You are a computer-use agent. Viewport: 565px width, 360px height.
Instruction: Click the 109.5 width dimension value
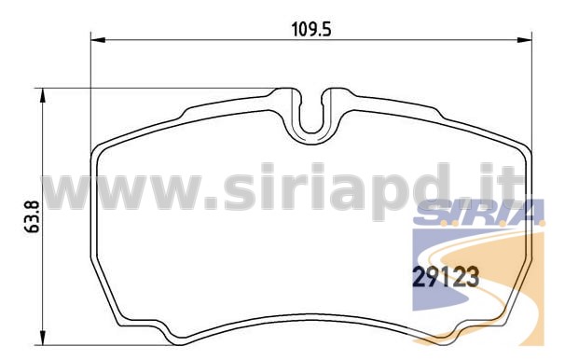tap(311, 30)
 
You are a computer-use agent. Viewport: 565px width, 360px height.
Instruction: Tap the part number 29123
tap(446, 276)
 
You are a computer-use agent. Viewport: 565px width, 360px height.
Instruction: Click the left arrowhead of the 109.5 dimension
tap(98, 40)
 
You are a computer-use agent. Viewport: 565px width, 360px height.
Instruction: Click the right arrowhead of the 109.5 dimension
tap(525, 40)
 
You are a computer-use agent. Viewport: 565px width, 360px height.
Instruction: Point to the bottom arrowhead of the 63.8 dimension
tap(43, 338)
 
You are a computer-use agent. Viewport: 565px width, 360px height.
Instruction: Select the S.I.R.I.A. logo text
tap(478, 213)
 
